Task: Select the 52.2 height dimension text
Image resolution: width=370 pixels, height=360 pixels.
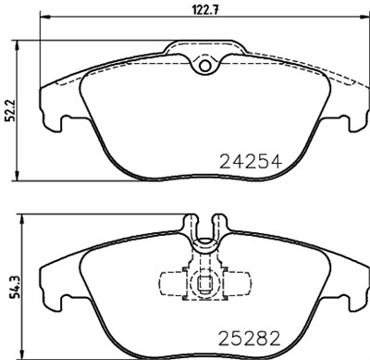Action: [x=9, y=111]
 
